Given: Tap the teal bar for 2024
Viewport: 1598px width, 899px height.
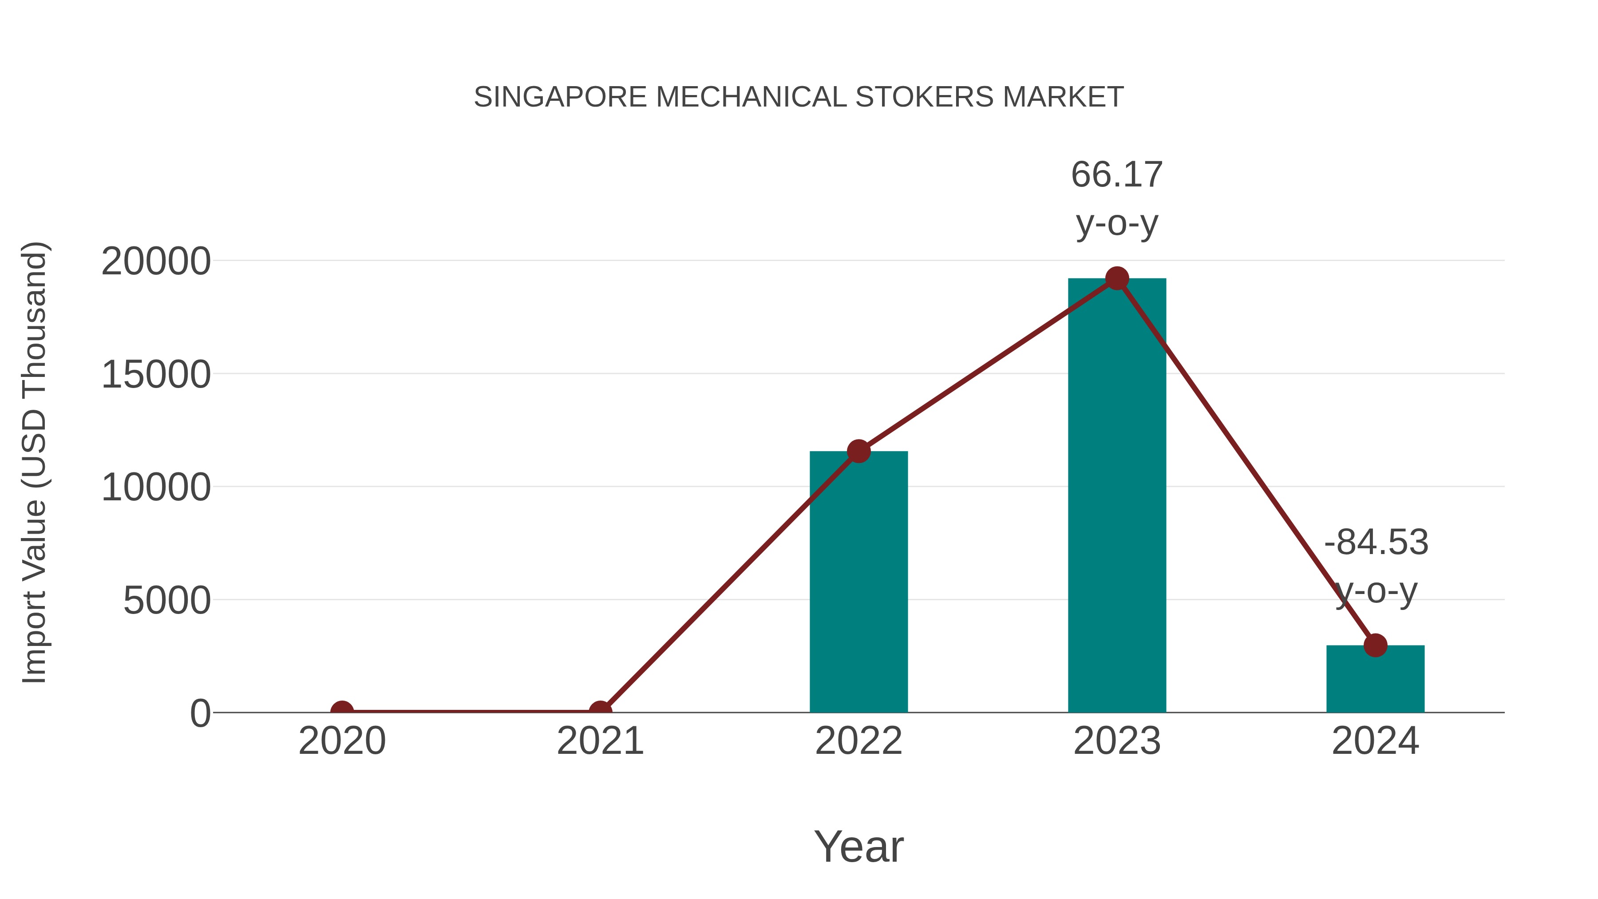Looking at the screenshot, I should (x=1375, y=679).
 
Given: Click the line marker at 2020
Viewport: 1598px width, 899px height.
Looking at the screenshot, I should (x=342, y=711).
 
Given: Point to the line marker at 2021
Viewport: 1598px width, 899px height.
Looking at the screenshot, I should (x=600, y=711).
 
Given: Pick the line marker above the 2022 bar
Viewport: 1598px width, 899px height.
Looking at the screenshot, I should (x=858, y=451).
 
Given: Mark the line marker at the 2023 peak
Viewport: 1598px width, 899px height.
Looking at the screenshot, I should (x=1117, y=278).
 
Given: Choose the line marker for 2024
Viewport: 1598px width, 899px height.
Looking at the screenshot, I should (x=1375, y=645).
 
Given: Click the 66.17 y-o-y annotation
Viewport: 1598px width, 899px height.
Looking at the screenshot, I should (x=1117, y=198).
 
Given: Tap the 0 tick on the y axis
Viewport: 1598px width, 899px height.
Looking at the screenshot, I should (x=200, y=713).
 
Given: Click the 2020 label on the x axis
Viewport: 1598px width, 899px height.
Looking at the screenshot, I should (x=342, y=741).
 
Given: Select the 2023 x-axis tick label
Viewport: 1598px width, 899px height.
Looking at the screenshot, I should (x=1117, y=741).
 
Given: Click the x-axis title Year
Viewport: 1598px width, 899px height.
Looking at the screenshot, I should (x=858, y=846).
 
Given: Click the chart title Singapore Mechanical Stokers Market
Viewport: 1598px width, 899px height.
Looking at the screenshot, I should (x=799, y=97).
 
